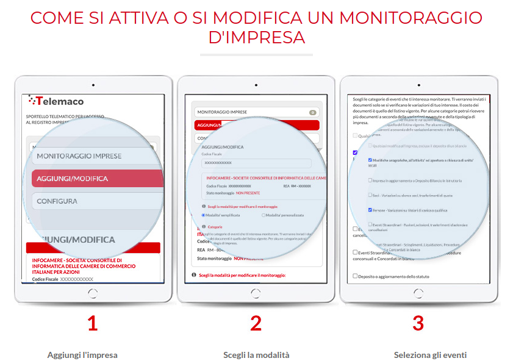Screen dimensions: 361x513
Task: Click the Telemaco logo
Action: point(56,101)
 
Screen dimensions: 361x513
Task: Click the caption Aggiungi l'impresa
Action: point(82,355)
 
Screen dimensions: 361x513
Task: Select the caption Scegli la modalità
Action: point(256,355)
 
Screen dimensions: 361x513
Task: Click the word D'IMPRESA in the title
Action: point(256,37)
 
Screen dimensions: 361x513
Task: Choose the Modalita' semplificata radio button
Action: point(203,215)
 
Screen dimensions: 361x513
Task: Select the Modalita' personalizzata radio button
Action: point(263,215)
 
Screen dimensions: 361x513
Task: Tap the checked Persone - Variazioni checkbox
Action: point(370,210)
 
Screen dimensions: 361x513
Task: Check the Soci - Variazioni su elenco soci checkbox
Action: point(370,195)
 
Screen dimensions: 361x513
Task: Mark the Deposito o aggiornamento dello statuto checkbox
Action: point(355,276)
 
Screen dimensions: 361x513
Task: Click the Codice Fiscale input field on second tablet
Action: point(256,163)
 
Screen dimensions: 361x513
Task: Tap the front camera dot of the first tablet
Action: point(93,84)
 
